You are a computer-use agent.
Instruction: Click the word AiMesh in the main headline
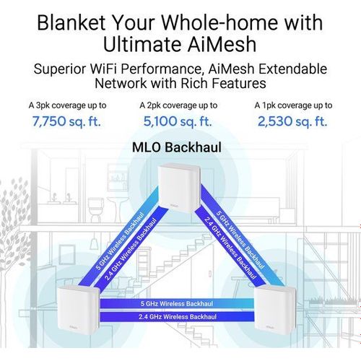(x=222, y=44)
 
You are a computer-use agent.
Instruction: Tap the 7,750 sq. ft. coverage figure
(x=66, y=121)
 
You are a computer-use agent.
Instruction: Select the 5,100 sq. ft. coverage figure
(x=178, y=121)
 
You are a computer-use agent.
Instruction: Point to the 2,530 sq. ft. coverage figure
(x=292, y=121)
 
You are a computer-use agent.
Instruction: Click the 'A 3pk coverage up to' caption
(x=68, y=105)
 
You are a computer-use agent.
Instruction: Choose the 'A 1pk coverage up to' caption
(x=293, y=105)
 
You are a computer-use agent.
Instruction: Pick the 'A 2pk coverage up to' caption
(x=178, y=105)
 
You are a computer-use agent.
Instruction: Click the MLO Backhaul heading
(x=177, y=147)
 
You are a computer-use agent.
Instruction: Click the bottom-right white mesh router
(x=275, y=310)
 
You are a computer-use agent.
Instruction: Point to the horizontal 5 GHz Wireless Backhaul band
(x=177, y=303)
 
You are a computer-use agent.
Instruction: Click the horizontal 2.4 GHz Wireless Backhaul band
(x=178, y=317)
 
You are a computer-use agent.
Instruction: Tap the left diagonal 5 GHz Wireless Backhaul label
(x=120, y=241)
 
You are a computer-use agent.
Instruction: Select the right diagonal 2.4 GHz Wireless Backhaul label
(x=230, y=248)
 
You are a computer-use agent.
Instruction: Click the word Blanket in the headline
(x=71, y=23)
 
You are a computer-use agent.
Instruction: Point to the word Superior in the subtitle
(x=60, y=69)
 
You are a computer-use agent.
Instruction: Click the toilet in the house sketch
(x=95, y=209)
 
